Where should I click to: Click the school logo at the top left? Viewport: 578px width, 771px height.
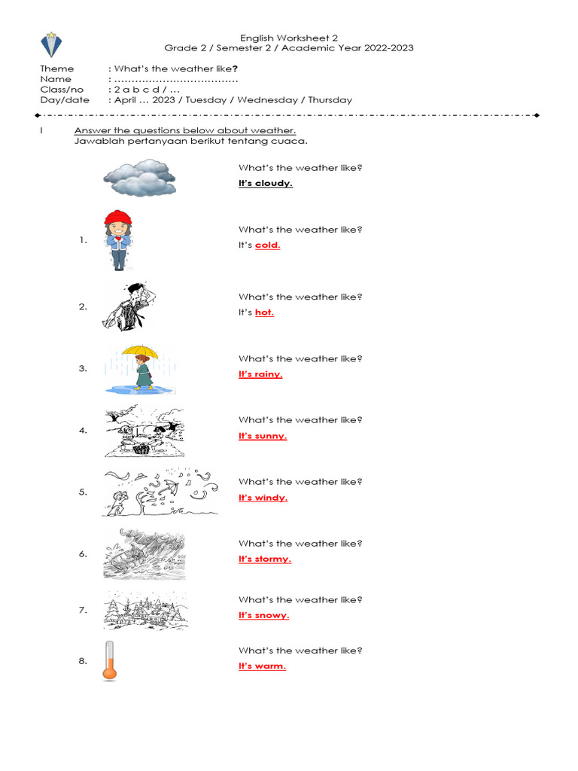coord(51,45)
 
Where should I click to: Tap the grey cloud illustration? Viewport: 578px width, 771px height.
coord(140,178)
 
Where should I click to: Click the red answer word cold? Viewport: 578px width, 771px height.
coord(267,245)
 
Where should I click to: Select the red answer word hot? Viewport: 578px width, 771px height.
coord(264,312)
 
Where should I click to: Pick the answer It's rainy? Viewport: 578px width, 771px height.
coord(260,374)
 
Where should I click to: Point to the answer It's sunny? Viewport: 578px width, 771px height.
coord(263,436)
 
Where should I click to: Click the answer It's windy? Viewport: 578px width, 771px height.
coord(263,498)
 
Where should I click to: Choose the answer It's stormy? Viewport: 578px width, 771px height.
coord(264,559)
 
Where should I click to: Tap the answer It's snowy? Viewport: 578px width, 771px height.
coord(263,615)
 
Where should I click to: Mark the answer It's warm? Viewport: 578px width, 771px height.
coord(262,666)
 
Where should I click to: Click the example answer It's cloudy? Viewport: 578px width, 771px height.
coord(266,183)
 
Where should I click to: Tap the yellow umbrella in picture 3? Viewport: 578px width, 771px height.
coord(139,350)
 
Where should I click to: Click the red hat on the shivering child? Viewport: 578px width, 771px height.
coord(117,218)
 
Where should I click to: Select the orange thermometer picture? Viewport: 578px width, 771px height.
coord(111,661)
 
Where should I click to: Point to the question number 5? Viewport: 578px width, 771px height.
coord(83,492)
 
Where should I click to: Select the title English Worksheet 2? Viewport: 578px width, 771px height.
coord(288,38)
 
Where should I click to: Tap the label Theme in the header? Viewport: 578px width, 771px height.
coord(56,69)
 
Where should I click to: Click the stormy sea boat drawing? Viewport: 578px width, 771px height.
coord(144,553)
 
